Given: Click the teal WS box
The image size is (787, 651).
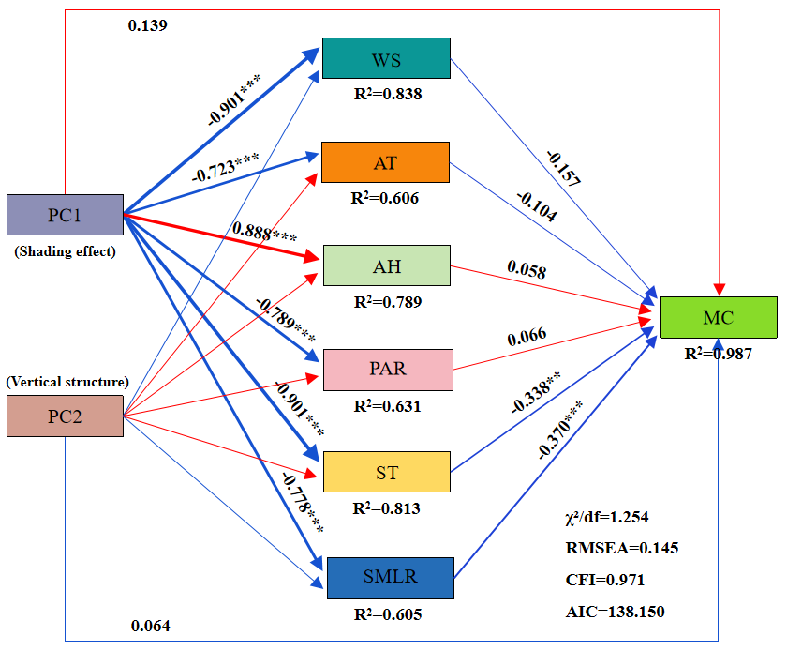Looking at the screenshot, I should (386, 58).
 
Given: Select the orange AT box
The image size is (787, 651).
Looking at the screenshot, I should (385, 162).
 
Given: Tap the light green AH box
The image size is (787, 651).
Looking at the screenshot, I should (386, 265).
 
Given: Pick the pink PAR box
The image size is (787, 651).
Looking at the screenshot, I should (387, 369).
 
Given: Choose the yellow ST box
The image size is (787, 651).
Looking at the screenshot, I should (386, 472).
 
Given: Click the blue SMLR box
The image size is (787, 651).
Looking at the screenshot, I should (386, 578).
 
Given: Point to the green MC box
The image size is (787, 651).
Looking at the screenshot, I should (719, 317).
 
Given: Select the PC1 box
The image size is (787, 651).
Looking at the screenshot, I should (65, 215).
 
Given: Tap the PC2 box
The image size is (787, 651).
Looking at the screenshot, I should (65, 416).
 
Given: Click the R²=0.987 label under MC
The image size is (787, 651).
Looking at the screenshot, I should (718, 354).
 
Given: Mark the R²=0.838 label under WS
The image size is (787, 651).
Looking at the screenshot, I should (386, 94).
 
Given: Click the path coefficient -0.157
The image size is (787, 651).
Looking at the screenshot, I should (561, 168).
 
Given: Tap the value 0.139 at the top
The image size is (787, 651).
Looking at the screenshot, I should (148, 25).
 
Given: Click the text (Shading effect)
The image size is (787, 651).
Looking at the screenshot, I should (65, 250).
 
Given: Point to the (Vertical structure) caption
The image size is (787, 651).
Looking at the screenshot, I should (67, 382).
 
